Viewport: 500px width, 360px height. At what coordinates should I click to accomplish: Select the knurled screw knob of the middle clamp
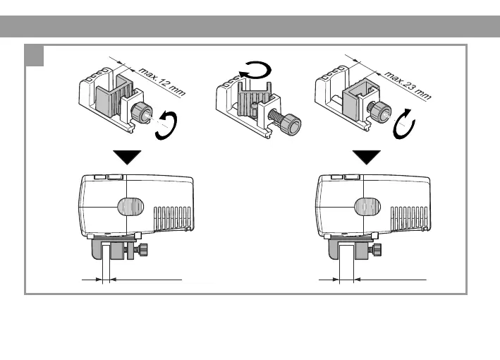[290, 126]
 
